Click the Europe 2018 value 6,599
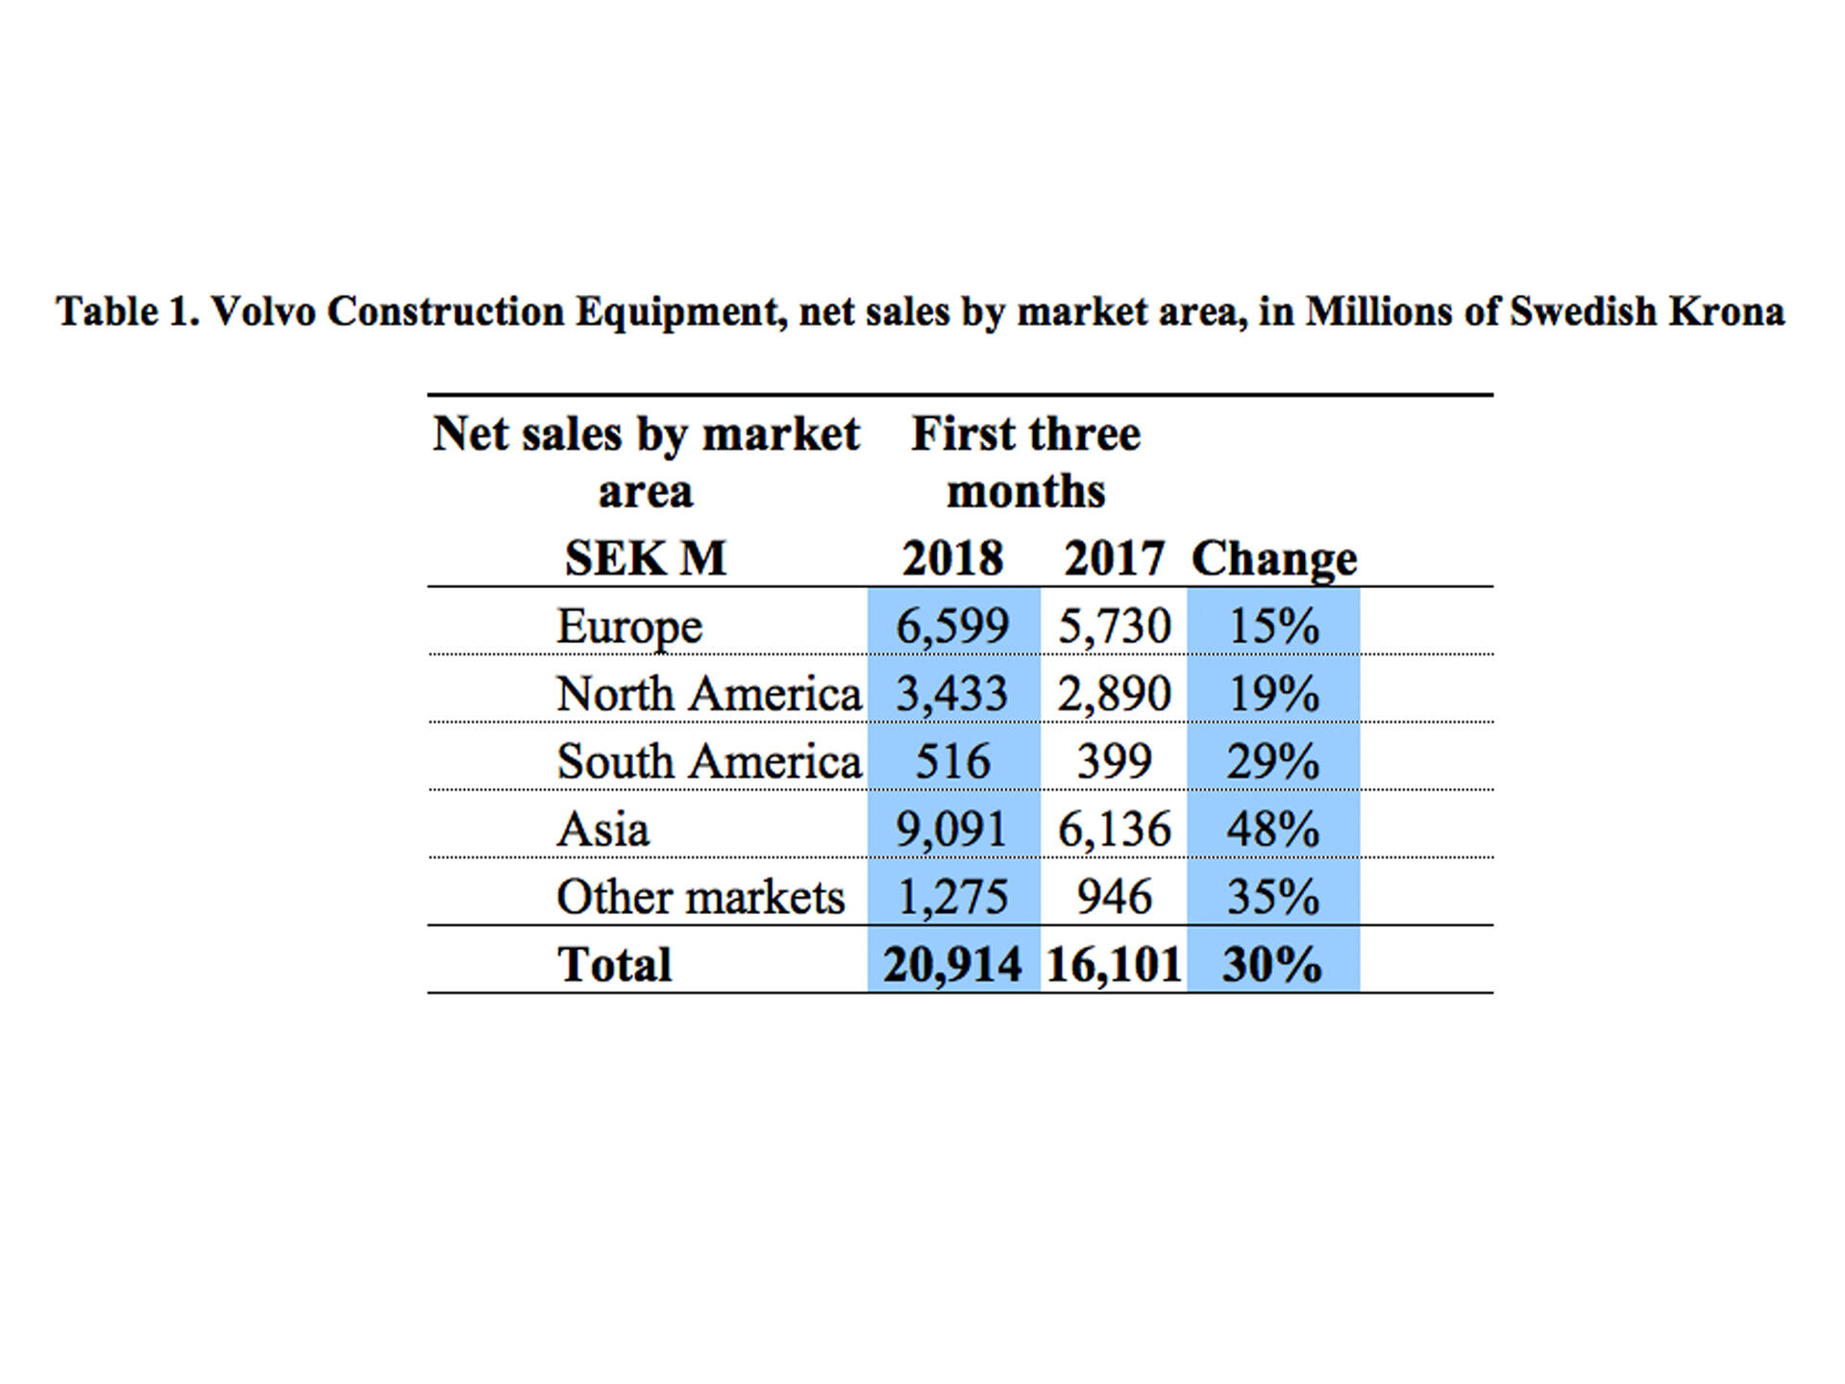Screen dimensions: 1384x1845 pos(952,627)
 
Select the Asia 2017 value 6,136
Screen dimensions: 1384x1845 pos(1114,829)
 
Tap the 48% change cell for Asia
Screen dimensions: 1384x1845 pos(1272,829)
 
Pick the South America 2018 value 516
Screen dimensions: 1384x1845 pos(952,762)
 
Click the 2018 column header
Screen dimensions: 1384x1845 pos(952,558)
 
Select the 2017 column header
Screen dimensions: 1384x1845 pos(1114,558)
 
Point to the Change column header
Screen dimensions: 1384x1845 pos(1274,558)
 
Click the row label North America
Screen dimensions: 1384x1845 pos(709,694)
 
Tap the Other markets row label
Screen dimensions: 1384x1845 pos(701,898)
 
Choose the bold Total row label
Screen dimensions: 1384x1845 pos(615,965)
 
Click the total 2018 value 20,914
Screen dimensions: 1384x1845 pos(952,965)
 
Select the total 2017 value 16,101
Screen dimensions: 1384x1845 pos(1114,965)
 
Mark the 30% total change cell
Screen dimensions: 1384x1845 pos(1272,965)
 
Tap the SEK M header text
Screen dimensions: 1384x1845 pos(645,558)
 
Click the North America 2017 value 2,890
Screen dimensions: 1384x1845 pos(1114,694)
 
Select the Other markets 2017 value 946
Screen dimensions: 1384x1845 pos(1114,898)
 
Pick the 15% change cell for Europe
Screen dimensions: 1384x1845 pos(1274,627)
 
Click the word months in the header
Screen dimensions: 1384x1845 pos(1025,492)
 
